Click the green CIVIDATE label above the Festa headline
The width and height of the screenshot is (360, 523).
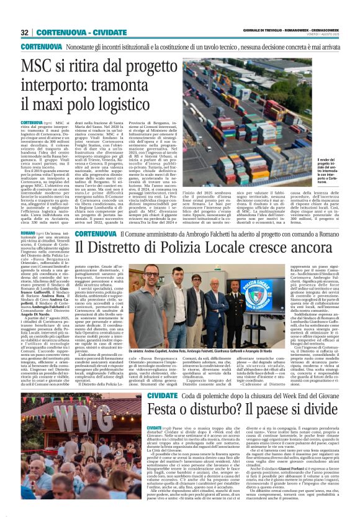tap(161, 394)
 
